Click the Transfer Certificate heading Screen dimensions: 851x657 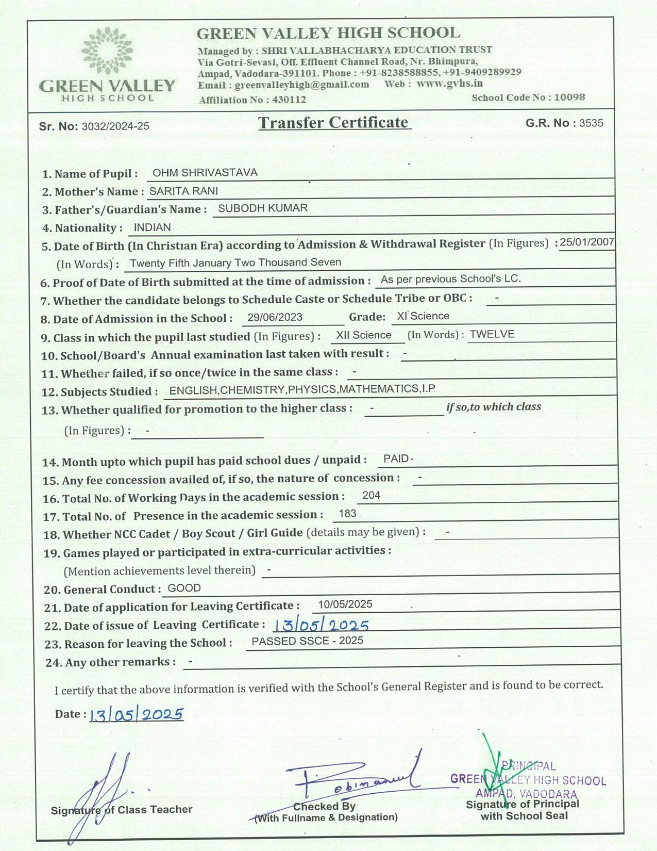coord(334,123)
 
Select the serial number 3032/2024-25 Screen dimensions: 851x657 coord(115,126)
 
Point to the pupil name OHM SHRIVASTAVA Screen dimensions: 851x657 coord(205,173)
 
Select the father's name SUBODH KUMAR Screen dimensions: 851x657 coord(263,208)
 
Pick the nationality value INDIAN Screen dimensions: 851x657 coord(152,227)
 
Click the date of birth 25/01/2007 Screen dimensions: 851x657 coord(587,242)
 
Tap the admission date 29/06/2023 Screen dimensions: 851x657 coord(275,318)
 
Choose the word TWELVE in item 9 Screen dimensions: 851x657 coord(492,334)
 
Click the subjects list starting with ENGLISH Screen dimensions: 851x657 coord(302,390)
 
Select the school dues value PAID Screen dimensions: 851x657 coord(396,459)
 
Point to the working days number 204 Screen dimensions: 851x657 coord(371,496)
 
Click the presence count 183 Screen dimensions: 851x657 coord(348,514)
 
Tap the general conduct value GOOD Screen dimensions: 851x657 coord(184,588)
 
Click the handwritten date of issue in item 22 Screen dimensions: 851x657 coord(321,625)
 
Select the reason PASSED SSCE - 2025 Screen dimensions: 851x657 coord(307,641)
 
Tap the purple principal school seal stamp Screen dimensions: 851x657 coord(528,780)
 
